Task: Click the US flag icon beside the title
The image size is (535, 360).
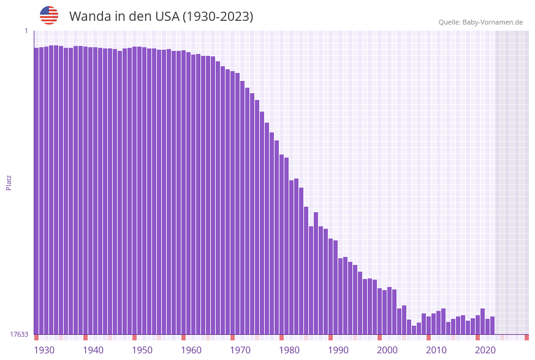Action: click(49, 15)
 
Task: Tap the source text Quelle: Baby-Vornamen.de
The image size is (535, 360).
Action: click(480, 22)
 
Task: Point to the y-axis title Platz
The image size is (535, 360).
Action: click(9, 182)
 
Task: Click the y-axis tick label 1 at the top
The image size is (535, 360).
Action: click(26, 31)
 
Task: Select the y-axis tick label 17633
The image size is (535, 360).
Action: click(19, 334)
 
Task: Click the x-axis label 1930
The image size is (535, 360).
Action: click(44, 350)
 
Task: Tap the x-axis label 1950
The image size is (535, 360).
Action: click(142, 350)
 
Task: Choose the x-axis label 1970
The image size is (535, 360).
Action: click(240, 350)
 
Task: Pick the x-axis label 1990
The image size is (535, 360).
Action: click(338, 350)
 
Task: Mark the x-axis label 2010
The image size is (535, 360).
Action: click(436, 350)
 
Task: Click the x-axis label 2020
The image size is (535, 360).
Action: click(485, 350)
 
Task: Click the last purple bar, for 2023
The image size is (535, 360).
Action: click(493, 326)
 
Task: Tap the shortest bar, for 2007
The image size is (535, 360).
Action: click(414, 330)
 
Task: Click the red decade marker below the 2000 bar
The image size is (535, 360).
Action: click(380, 337)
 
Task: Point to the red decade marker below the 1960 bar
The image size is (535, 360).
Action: click(184, 337)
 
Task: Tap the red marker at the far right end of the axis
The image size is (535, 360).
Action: click(526, 337)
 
